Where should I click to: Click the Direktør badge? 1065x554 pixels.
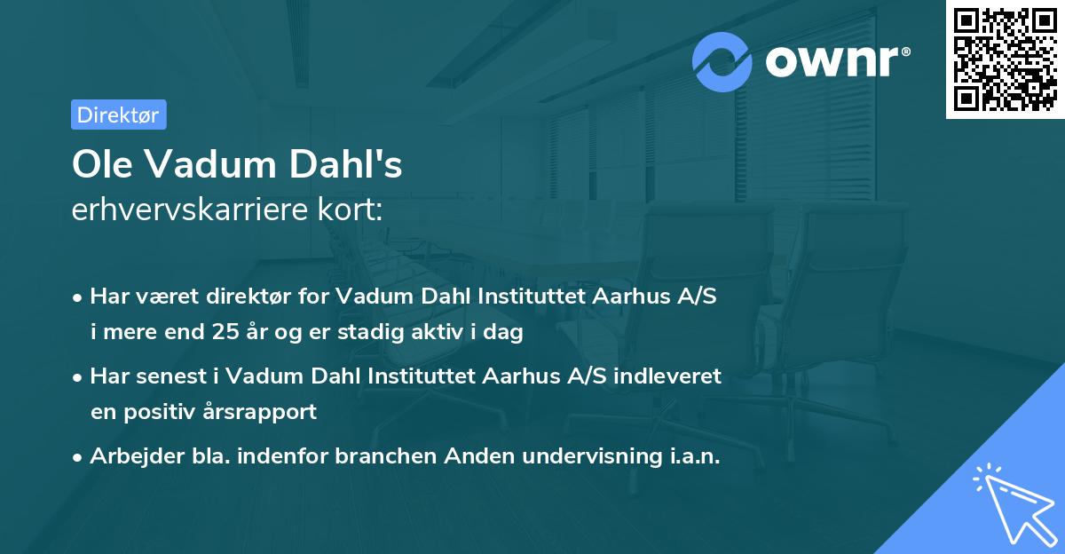coord(118,115)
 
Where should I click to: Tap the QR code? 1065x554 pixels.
coord(1005,59)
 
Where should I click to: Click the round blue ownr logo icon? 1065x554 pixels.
coord(722,61)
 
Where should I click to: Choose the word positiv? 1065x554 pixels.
coord(156,412)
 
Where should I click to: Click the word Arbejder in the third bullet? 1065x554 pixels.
coord(128,456)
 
